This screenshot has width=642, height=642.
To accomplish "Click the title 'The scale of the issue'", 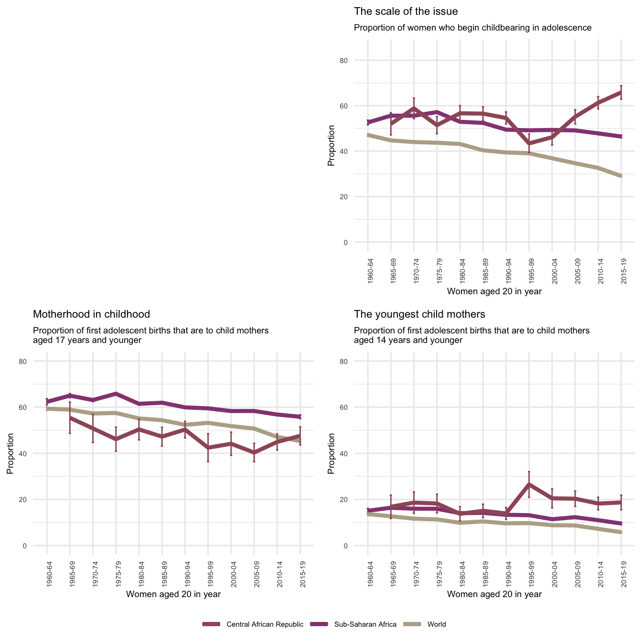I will pos(406,11).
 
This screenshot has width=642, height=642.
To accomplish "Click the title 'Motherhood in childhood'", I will pos(91,314).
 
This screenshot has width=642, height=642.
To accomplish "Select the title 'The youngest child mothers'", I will pos(419,314).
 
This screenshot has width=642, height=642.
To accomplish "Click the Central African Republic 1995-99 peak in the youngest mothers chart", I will pos(529,484).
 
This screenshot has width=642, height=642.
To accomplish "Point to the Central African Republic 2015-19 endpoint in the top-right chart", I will pos(621,92).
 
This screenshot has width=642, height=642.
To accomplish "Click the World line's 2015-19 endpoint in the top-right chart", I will pos(621,176).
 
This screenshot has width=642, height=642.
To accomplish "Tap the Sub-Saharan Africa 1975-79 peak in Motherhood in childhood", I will pos(116,394).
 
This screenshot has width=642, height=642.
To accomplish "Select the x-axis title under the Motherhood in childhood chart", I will pos(173,594).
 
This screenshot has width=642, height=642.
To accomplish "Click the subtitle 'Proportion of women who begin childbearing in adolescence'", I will pos(472,28).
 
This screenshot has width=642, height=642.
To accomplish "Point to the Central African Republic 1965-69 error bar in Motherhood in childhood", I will pos(70,417).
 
